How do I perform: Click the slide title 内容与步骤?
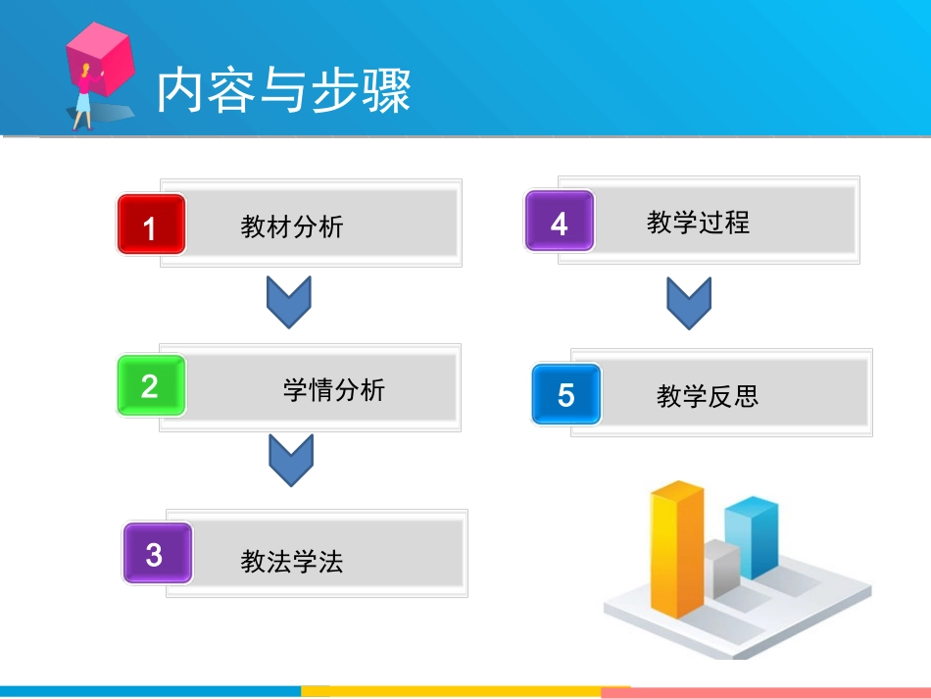[x=284, y=91]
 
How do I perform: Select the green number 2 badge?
[x=151, y=385]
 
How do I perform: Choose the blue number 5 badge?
[x=565, y=393]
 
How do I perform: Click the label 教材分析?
[x=292, y=227]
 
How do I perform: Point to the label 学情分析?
[x=334, y=390]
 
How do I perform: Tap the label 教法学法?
[x=292, y=562]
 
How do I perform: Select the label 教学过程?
[x=698, y=223]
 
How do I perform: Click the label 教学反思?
[x=708, y=396]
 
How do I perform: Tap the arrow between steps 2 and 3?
[x=291, y=460]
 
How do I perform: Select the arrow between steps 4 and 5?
[x=689, y=303]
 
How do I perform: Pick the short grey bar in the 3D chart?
[x=721, y=569]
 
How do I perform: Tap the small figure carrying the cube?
[x=82, y=99]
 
